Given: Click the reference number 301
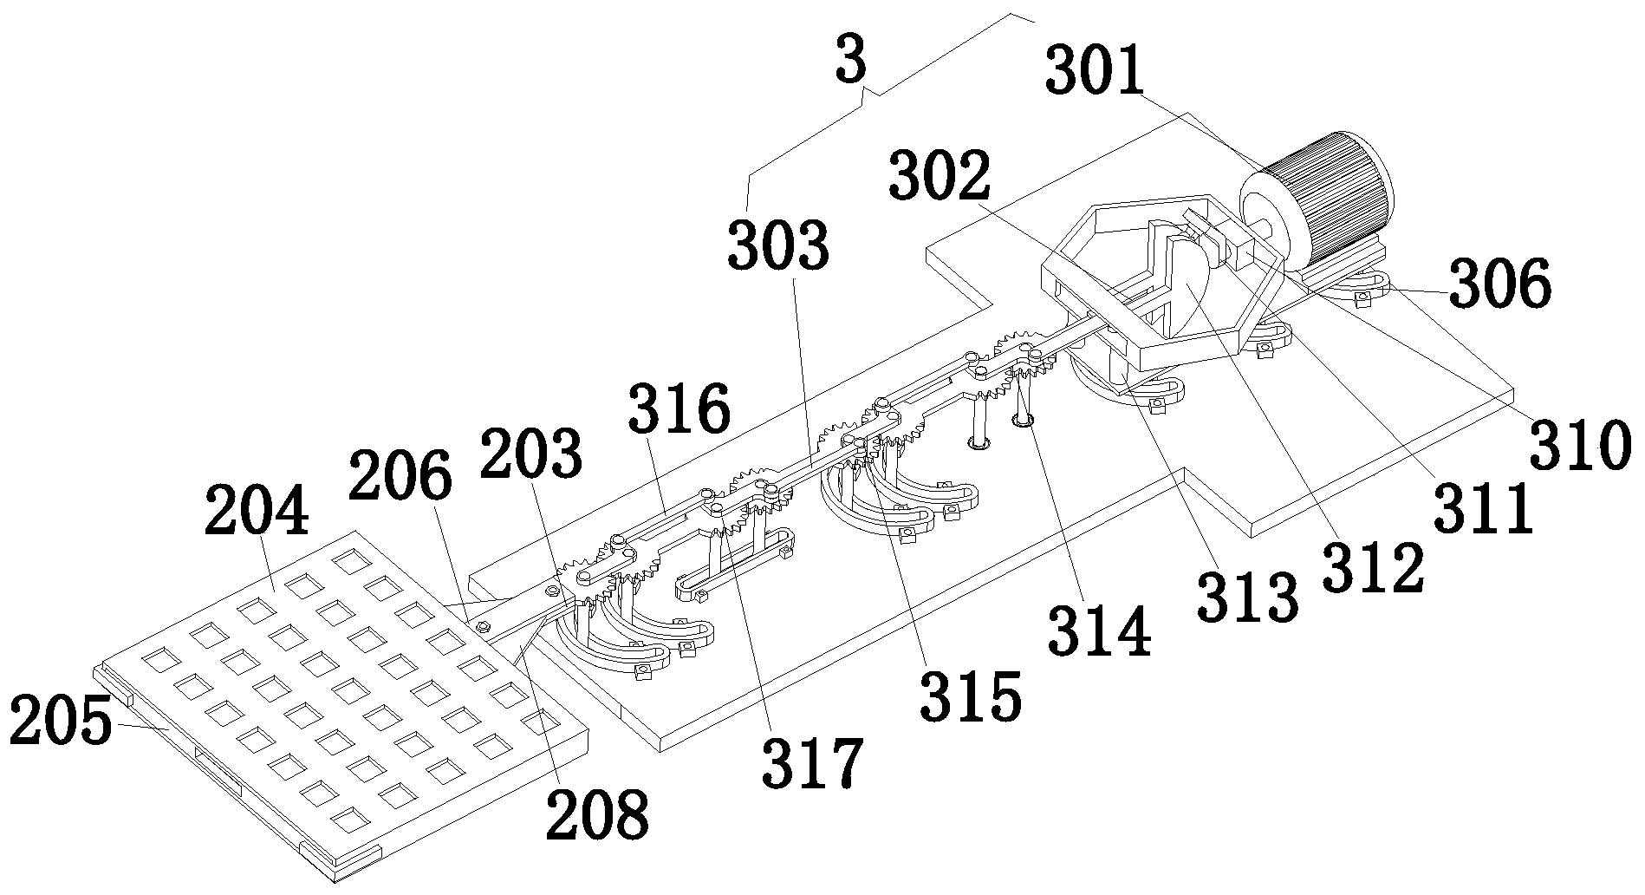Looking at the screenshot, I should pos(1096,71).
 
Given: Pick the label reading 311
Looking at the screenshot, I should pos(1483,512).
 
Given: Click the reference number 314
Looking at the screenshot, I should pos(1100,633).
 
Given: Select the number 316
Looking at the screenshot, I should pos(679,410).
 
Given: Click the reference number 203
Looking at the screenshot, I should pos(532,454).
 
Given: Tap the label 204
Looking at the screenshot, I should pos(257,512).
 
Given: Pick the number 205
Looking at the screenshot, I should pos(61,722).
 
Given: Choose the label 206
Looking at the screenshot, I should pos(400,477).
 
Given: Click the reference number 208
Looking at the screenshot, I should pos(597,814).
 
